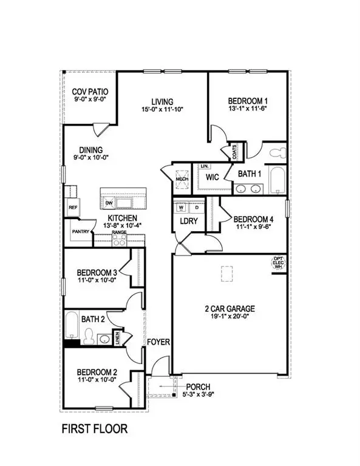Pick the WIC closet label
tap(212, 177)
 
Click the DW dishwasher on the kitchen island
tap(110, 203)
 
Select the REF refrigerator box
tap(72, 207)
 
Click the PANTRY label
tap(81, 231)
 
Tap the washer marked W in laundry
tap(181, 207)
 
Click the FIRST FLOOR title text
tap(95, 429)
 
